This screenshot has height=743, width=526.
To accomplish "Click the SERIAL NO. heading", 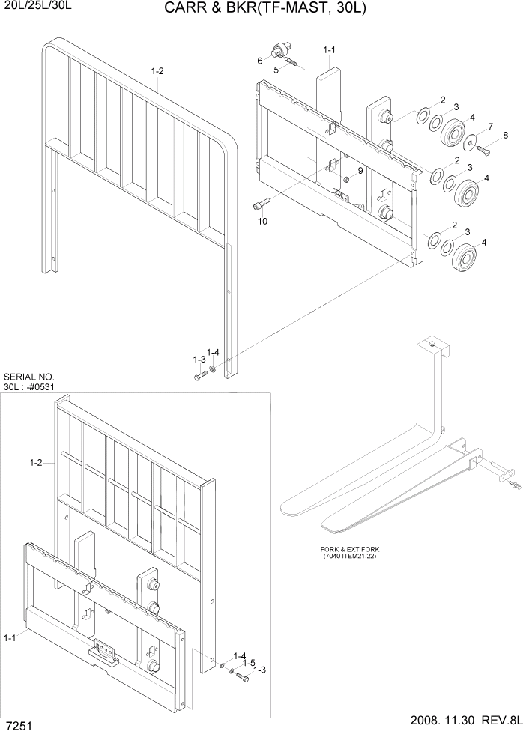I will pyautogui.click(x=29, y=377).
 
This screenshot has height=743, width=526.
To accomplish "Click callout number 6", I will pyautogui.click(x=260, y=61).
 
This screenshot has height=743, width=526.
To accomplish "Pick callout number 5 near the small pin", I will pyautogui.click(x=276, y=69).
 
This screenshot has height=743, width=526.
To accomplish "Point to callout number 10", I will pyautogui.click(x=262, y=222).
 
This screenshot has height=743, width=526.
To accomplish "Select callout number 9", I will pyautogui.click(x=360, y=171).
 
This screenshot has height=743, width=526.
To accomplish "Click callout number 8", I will pyautogui.click(x=504, y=135).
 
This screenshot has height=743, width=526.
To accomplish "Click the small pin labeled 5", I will pyautogui.click(x=293, y=63).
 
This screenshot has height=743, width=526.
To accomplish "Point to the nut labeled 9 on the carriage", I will pyautogui.click(x=347, y=179).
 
